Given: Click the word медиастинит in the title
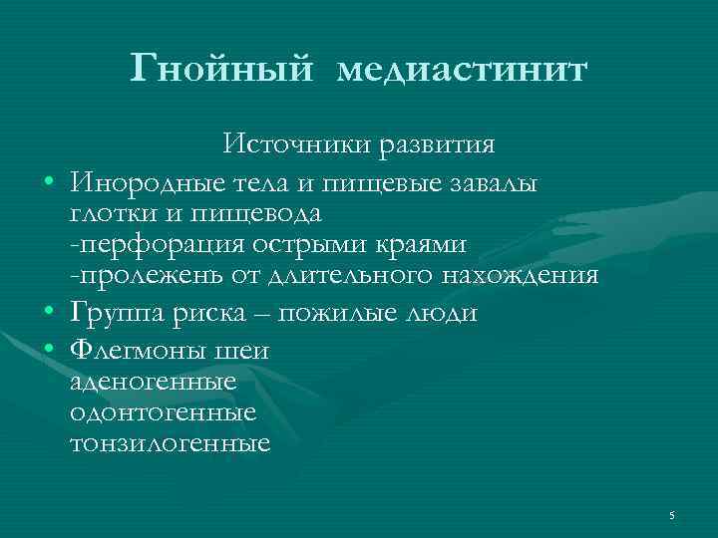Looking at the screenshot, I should pyautogui.click(x=463, y=71).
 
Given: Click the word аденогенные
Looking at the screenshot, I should pyautogui.click(x=154, y=381).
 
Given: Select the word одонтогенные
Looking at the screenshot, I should pyautogui.click(x=164, y=411).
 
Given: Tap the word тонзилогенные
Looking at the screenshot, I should pyautogui.click(x=171, y=443).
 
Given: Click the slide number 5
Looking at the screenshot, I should pyautogui.click(x=672, y=515).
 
